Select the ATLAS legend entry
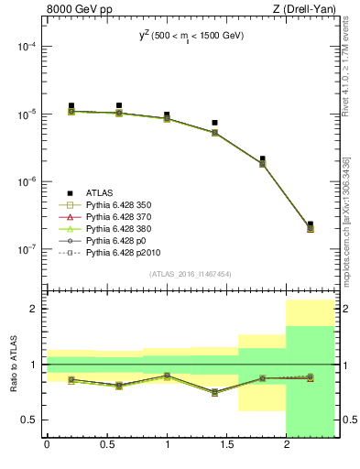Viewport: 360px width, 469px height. (101, 193)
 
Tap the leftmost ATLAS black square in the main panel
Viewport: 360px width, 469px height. (71, 106)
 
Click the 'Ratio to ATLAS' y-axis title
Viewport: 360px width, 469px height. (14, 365)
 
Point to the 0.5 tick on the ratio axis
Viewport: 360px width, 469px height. (33, 420)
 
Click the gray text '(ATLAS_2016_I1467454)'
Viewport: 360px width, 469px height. (190, 274)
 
